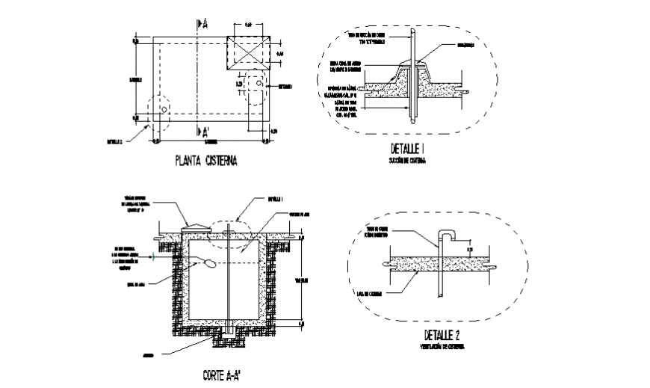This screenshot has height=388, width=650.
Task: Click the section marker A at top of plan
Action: [x=202, y=24]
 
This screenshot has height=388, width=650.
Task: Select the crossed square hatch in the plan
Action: [x=248, y=53]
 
